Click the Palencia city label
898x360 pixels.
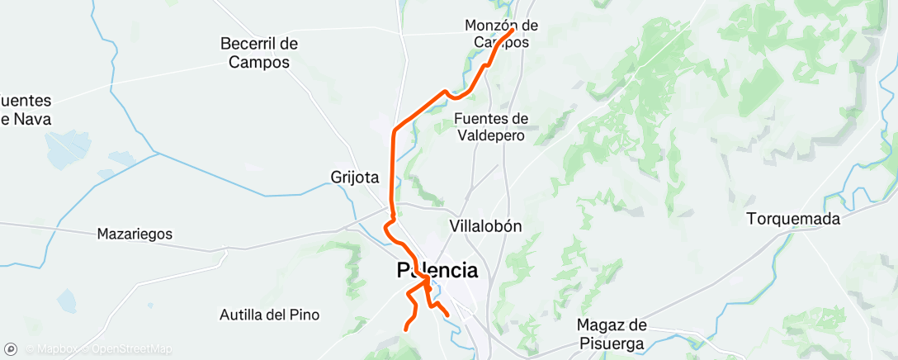pos(437,270)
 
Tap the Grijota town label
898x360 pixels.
pos(354,177)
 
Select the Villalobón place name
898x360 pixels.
pos(486,225)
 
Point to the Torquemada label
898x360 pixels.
pos(793,219)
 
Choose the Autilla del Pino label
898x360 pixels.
pos(269,315)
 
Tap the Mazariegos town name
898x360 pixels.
pos(135,234)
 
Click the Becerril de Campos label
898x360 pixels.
pos(259,52)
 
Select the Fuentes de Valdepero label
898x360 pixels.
pos(491,127)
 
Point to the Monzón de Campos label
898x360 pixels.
pos(502,34)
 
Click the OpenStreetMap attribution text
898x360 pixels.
pos(132,349)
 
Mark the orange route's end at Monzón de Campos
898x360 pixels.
pos(513,31)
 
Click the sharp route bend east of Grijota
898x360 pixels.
pos(395,130)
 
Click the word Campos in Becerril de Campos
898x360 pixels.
pos(259,62)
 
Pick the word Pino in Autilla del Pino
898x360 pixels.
pos(305,315)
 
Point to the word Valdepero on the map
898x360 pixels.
pos(490,135)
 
